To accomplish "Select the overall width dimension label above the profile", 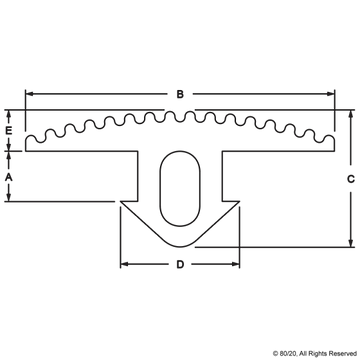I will (180, 93).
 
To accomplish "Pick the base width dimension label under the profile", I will (180, 267).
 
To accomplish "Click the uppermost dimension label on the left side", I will (8, 129).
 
